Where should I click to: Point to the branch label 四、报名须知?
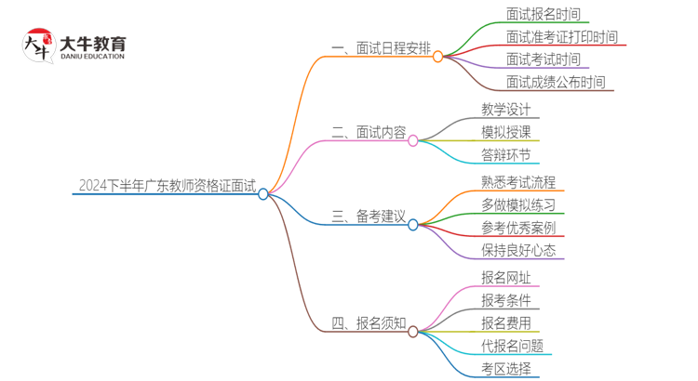(x=369, y=322)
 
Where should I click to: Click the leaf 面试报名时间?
(x=543, y=14)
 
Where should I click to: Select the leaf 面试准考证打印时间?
(x=561, y=37)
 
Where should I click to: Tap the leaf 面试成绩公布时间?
(x=556, y=82)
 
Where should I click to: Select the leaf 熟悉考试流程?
(x=518, y=182)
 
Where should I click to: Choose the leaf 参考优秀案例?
(x=518, y=228)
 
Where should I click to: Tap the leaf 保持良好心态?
(x=518, y=250)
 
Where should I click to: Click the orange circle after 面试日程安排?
(x=438, y=56)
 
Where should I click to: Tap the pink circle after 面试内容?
(x=413, y=141)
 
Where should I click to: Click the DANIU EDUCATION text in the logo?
(x=90, y=57)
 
